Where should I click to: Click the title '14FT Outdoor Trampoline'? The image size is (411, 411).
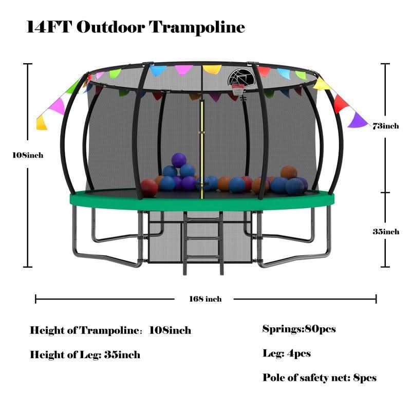tap(135, 27)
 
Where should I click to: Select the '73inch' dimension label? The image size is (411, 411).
tap(385, 126)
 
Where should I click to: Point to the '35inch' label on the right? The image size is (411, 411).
tap(385, 232)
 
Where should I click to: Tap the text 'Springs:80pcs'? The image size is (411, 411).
tap(298, 329)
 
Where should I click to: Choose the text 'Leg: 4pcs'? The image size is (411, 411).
tap(286, 353)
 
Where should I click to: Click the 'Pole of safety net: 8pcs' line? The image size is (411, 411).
tap(319, 378)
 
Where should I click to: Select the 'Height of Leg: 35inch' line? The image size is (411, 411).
tap(85, 354)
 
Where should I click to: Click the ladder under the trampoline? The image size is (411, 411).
tap(204, 241)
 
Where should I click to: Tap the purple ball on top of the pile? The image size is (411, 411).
tap(179, 159)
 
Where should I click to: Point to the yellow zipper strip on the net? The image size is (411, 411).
tap(202, 149)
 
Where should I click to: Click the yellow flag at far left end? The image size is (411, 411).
tap(42, 122)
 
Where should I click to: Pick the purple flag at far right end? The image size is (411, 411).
tap(357, 120)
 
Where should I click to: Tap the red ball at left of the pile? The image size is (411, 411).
tap(149, 188)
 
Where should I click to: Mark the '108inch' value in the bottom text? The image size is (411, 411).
tap(170, 330)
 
